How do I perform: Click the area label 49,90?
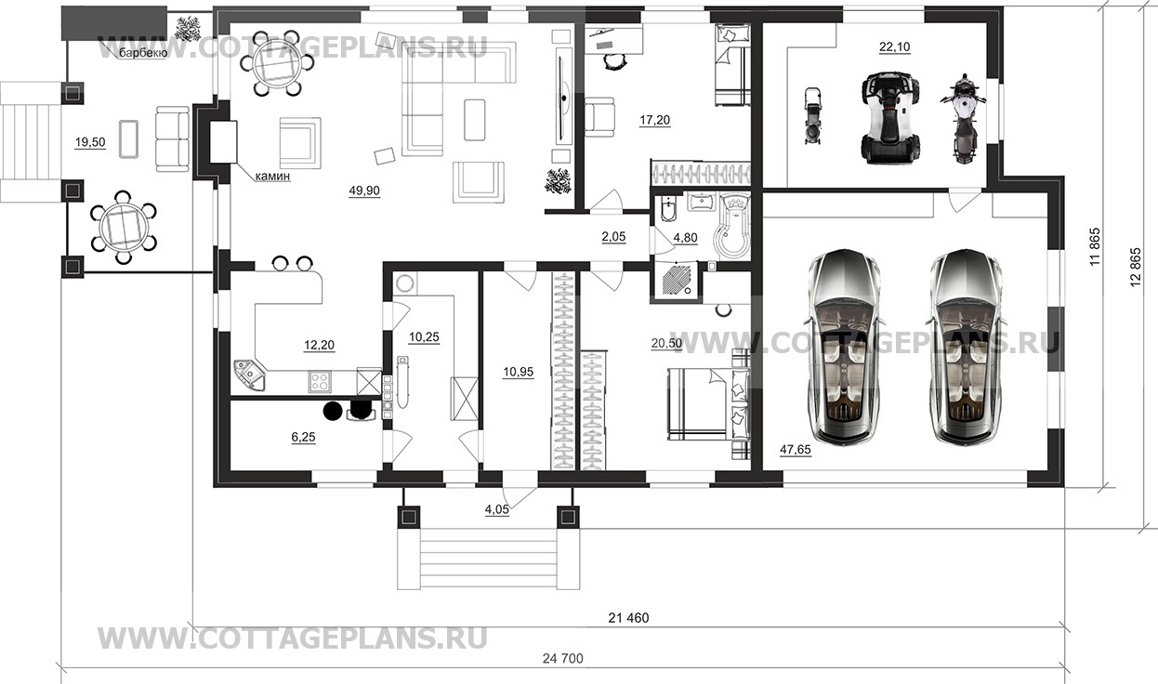(364, 191)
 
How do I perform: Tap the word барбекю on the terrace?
(143, 53)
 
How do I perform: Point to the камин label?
(273, 177)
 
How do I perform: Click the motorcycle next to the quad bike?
(963, 119)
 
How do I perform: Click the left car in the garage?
(843, 347)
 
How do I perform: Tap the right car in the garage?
(967, 347)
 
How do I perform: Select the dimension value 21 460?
(628, 618)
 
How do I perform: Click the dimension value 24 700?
(562, 659)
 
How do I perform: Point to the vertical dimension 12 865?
(1136, 268)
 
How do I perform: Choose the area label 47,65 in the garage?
(796, 450)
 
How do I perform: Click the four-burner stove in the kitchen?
(320, 382)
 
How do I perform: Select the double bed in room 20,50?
(707, 403)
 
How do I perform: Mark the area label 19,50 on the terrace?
(90, 142)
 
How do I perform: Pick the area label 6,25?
(303, 438)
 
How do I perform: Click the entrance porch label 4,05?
(496, 510)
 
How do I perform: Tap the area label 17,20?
(654, 121)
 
